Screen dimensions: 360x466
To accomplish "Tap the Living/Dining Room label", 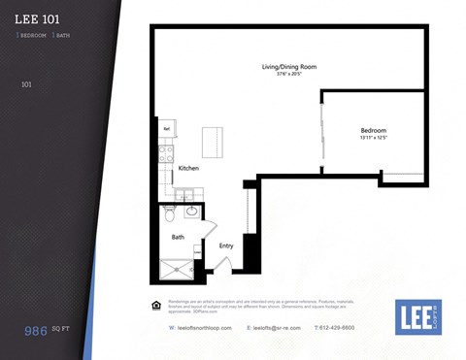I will tap(288, 67).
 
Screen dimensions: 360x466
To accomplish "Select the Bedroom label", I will tap(373, 130).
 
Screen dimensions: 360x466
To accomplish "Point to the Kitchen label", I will tap(188, 169).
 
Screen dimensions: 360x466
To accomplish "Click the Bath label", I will tap(178, 237).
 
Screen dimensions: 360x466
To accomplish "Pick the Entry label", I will tap(225, 245).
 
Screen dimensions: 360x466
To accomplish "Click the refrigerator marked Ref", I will tap(166, 127).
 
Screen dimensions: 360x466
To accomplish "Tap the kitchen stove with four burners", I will tap(166, 152).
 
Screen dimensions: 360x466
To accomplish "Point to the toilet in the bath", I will tap(169, 212).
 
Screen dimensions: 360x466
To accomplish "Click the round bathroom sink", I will tap(191, 210).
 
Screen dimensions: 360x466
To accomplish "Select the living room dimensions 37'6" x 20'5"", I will tap(288, 74).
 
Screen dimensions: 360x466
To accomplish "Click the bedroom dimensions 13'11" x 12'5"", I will tap(373, 137).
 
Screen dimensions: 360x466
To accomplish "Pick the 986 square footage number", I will tap(38, 331).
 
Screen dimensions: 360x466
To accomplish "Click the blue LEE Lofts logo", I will tap(418, 317).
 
